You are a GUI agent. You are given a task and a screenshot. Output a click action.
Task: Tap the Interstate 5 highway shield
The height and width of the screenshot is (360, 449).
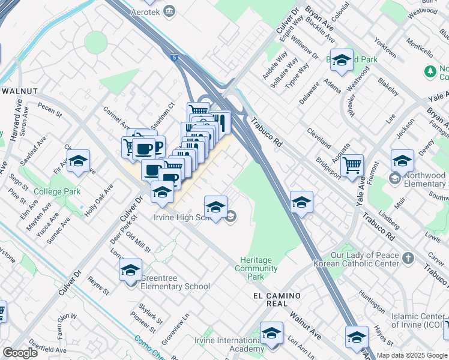point(173,58)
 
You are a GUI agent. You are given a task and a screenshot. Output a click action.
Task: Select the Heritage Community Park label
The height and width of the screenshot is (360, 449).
point(256,268)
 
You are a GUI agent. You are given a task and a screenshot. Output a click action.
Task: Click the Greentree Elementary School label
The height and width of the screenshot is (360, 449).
point(175,282)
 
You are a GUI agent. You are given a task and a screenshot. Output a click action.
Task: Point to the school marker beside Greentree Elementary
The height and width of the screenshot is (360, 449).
point(130,271)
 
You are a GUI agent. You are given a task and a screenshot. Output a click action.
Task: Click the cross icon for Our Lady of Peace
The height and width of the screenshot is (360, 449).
point(408,258)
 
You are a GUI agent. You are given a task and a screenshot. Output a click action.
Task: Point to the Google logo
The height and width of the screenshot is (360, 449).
point(20,352)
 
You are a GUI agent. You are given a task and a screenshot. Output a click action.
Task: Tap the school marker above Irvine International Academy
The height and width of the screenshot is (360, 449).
point(271,333)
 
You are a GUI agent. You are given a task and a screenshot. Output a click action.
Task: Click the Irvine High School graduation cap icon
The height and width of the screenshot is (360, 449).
point(215,207)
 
